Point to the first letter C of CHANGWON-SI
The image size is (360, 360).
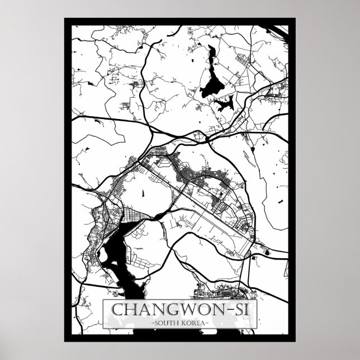pos(118,310)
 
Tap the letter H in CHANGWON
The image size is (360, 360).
pos(131,310)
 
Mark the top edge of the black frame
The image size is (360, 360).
pos(180,21)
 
